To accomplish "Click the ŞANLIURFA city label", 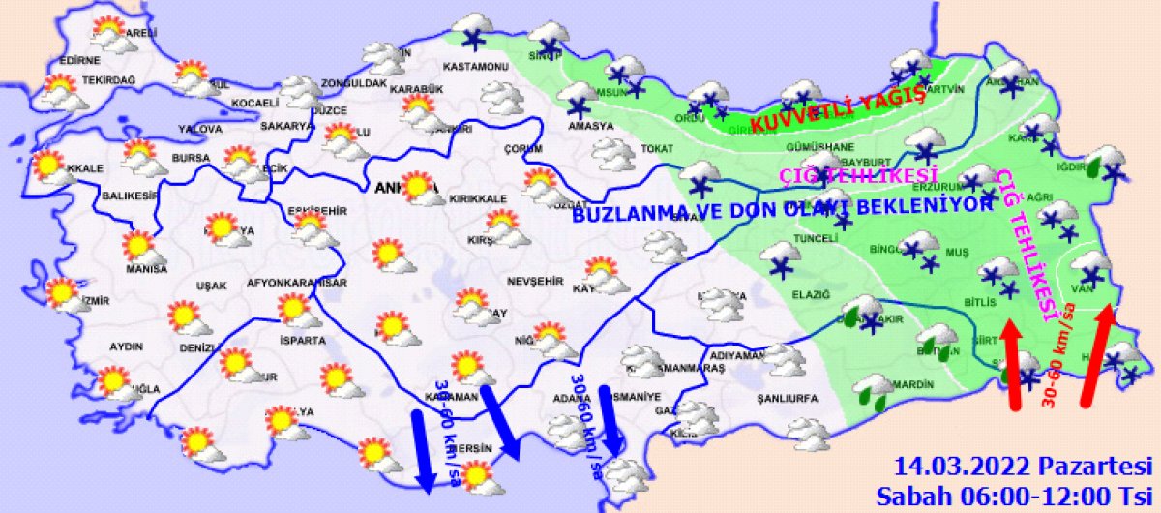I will click(x=787, y=398).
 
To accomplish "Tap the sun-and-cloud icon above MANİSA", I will click(x=141, y=246).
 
